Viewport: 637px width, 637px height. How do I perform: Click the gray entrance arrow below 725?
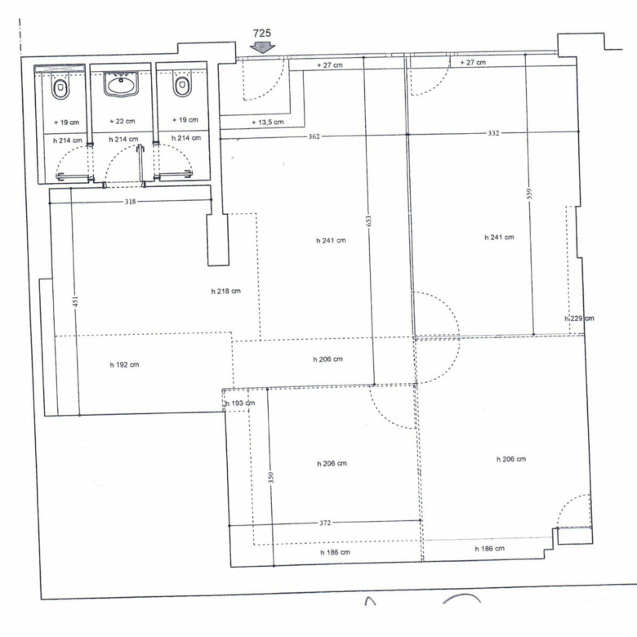coord(262,48)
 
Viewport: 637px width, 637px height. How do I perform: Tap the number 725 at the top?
coord(262,33)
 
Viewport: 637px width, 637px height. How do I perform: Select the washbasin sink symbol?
coord(121,84)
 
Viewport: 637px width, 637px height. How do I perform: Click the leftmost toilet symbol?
coord(60,88)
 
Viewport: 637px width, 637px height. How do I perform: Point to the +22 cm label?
coord(122,121)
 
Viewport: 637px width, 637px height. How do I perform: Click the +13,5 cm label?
coord(267,122)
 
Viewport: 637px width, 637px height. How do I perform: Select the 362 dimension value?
coord(314,136)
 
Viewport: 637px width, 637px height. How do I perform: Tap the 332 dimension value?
coord(493,133)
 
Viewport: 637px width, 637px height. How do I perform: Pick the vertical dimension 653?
coord(368,220)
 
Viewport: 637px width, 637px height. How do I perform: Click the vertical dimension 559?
coord(529,194)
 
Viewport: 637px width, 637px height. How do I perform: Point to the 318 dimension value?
coord(130,202)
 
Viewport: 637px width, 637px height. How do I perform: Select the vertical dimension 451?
coord(76,301)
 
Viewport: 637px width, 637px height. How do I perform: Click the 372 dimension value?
coord(325,523)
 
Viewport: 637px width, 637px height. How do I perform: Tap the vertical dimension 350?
coord(271,477)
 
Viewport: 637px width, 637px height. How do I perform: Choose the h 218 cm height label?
coord(226,291)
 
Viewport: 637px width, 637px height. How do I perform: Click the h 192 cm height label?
coord(124,365)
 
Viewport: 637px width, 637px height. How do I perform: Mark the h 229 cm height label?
coord(579,318)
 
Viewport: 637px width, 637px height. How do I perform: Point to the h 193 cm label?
coord(240,403)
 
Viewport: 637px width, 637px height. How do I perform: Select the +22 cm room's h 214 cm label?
coord(123,140)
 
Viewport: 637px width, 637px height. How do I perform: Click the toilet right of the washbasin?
coord(182,87)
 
